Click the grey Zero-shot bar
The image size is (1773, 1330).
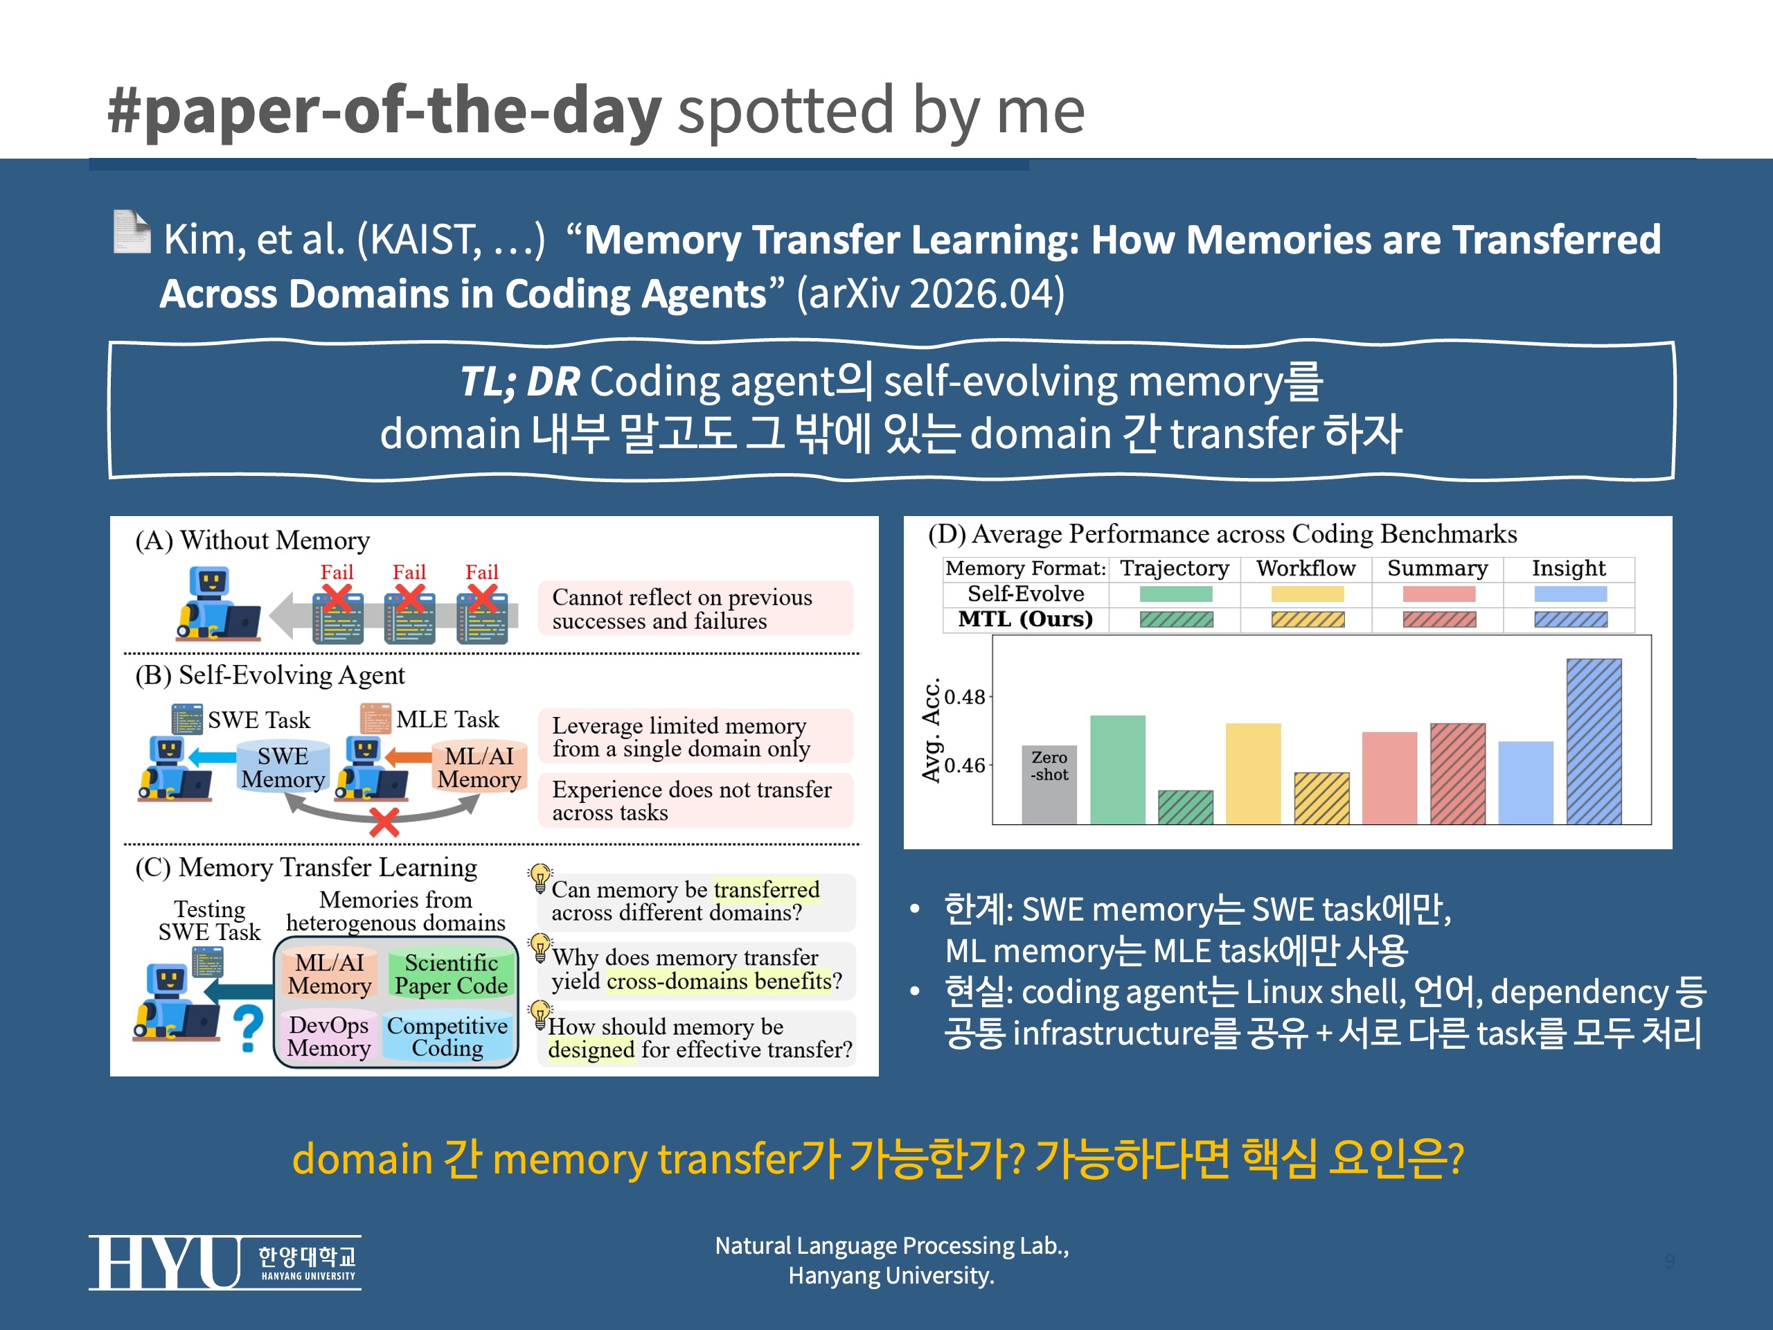(1049, 784)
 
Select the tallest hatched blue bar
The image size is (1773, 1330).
(1594, 741)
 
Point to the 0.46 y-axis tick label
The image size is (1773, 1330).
(964, 765)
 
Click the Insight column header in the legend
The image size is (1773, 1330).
(1569, 569)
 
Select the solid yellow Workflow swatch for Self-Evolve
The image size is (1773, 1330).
(1308, 594)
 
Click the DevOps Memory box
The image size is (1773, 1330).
(329, 1036)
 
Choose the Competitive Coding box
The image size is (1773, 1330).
(447, 1036)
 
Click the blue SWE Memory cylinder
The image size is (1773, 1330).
(283, 768)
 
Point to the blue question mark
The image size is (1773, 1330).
(249, 1029)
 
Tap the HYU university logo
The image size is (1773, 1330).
(224, 1263)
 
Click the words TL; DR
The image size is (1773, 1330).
(519, 382)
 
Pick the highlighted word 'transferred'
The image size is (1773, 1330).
(766, 890)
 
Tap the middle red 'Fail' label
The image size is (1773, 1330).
(409, 572)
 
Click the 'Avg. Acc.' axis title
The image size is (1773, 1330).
(931, 730)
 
